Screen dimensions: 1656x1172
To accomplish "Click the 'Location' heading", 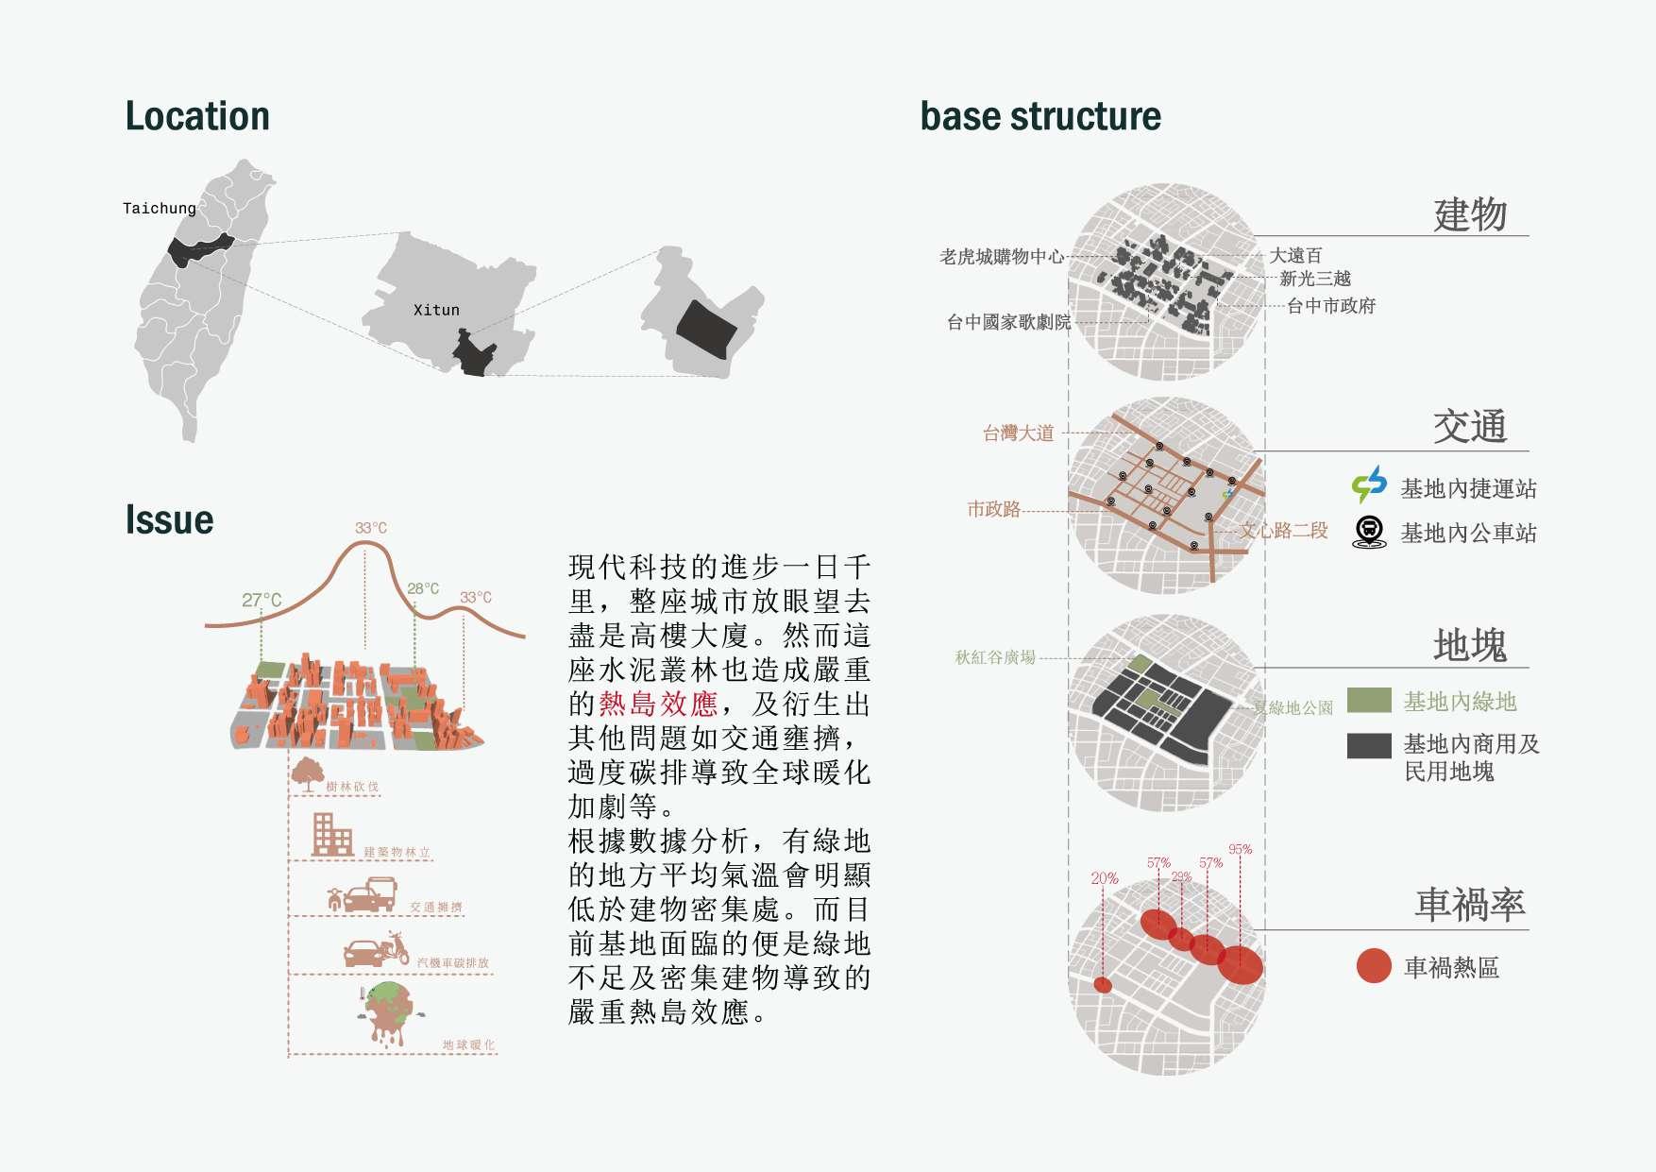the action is click(197, 116).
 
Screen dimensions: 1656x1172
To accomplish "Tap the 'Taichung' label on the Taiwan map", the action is click(159, 208).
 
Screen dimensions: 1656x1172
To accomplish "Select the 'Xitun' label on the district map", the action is click(436, 310).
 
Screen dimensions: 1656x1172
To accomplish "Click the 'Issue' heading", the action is click(169, 519).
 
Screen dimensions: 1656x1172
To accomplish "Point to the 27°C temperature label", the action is click(262, 600).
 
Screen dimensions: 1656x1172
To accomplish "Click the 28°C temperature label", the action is click(423, 588).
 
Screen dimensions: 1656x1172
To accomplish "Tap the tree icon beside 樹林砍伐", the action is click(307, 773).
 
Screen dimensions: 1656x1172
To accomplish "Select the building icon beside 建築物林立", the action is click(331, 835).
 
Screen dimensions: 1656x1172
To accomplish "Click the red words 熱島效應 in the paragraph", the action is click(658, 704).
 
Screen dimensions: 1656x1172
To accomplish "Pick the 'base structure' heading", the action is click(1040, 116).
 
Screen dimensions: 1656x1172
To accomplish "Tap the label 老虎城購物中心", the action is click(1002, 256).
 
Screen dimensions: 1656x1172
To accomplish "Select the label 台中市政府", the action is click(1331, 305).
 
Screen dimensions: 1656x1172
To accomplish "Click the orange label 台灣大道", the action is click(1018, 433).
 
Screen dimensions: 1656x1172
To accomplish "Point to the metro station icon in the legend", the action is click(1369, 484).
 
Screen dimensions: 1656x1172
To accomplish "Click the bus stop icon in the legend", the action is click(1369, 532).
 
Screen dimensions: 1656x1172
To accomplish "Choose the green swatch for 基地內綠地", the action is click(1369, 700).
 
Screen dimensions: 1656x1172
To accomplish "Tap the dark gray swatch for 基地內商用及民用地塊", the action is click(1369, 745).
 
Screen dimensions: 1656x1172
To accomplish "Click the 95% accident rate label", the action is click(1240, 849).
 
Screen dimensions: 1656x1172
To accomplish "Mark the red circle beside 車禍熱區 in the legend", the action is click(1374, 965).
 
